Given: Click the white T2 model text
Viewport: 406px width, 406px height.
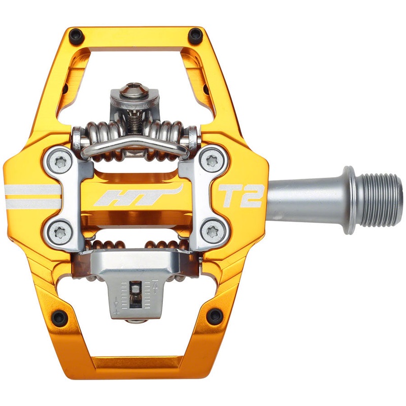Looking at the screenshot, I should click(240, 196).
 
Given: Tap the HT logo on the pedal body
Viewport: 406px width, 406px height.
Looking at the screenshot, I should click(138, 196).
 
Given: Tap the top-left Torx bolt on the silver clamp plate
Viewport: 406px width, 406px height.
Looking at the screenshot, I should click(59, 161).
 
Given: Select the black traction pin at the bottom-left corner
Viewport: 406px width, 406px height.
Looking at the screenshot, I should click(59, 317).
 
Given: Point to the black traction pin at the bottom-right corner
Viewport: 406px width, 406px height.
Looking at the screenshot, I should click(215, 316).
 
